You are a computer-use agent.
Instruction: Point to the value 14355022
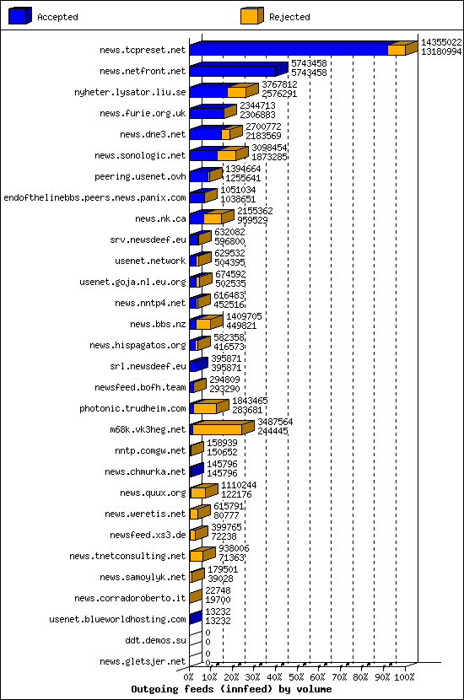click(441, 41)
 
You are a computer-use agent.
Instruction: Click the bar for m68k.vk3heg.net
click(218, 429)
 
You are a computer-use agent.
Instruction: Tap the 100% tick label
click(405, 676)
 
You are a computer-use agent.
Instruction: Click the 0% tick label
click(189, 676)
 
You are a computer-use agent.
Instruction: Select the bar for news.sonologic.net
click(214, 155)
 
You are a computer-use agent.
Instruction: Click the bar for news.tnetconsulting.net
click(197, 556)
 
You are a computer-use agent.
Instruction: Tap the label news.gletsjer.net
click(143, 662)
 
